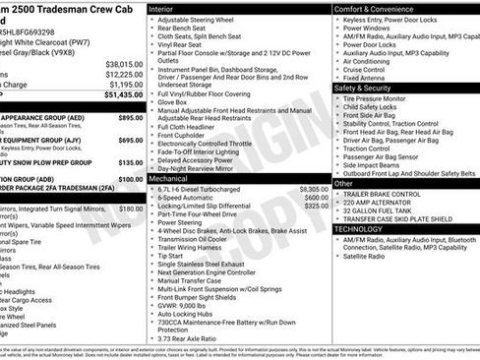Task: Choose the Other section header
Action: click(344, 183)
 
